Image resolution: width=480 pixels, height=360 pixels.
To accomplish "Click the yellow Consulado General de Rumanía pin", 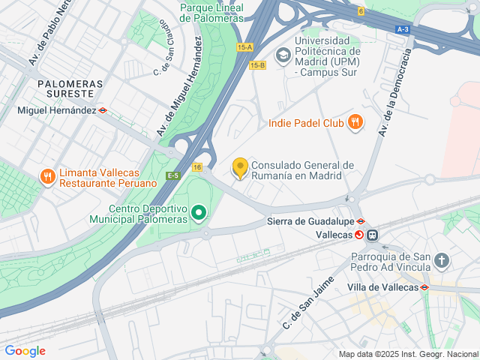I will (x=240, y=168).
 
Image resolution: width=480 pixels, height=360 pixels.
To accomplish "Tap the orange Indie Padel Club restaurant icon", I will (x=355, y=122).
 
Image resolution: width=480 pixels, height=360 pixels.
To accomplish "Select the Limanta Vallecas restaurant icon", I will (x=47, y=177).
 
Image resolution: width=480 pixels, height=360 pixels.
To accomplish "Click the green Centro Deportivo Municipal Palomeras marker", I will (x=199, y=214).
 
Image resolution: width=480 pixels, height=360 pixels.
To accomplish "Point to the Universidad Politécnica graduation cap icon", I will (x=283, y=54).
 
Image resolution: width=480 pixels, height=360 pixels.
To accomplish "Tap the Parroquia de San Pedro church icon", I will (x=442, y=261).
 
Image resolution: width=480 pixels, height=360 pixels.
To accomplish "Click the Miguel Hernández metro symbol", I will (x=103, y=110).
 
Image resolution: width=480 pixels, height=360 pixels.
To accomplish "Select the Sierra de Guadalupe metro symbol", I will (x=361, y=221).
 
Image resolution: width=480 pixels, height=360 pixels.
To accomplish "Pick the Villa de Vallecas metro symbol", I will (x=424, y=287).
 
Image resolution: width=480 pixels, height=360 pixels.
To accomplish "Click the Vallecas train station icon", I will (x=373, y=235).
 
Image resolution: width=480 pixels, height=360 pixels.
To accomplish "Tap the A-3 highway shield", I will (x=403, y=29).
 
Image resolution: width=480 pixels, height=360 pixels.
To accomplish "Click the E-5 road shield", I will (x=173, y=175).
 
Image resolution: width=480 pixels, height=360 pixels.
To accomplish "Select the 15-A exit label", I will (x=244, y=47).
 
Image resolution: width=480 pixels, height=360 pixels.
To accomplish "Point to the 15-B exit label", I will (x=257, y=65).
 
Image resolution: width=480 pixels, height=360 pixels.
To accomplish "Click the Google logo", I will (x=25, y=351).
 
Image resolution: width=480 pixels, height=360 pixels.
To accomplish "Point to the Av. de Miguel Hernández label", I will (x=180, y=88).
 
